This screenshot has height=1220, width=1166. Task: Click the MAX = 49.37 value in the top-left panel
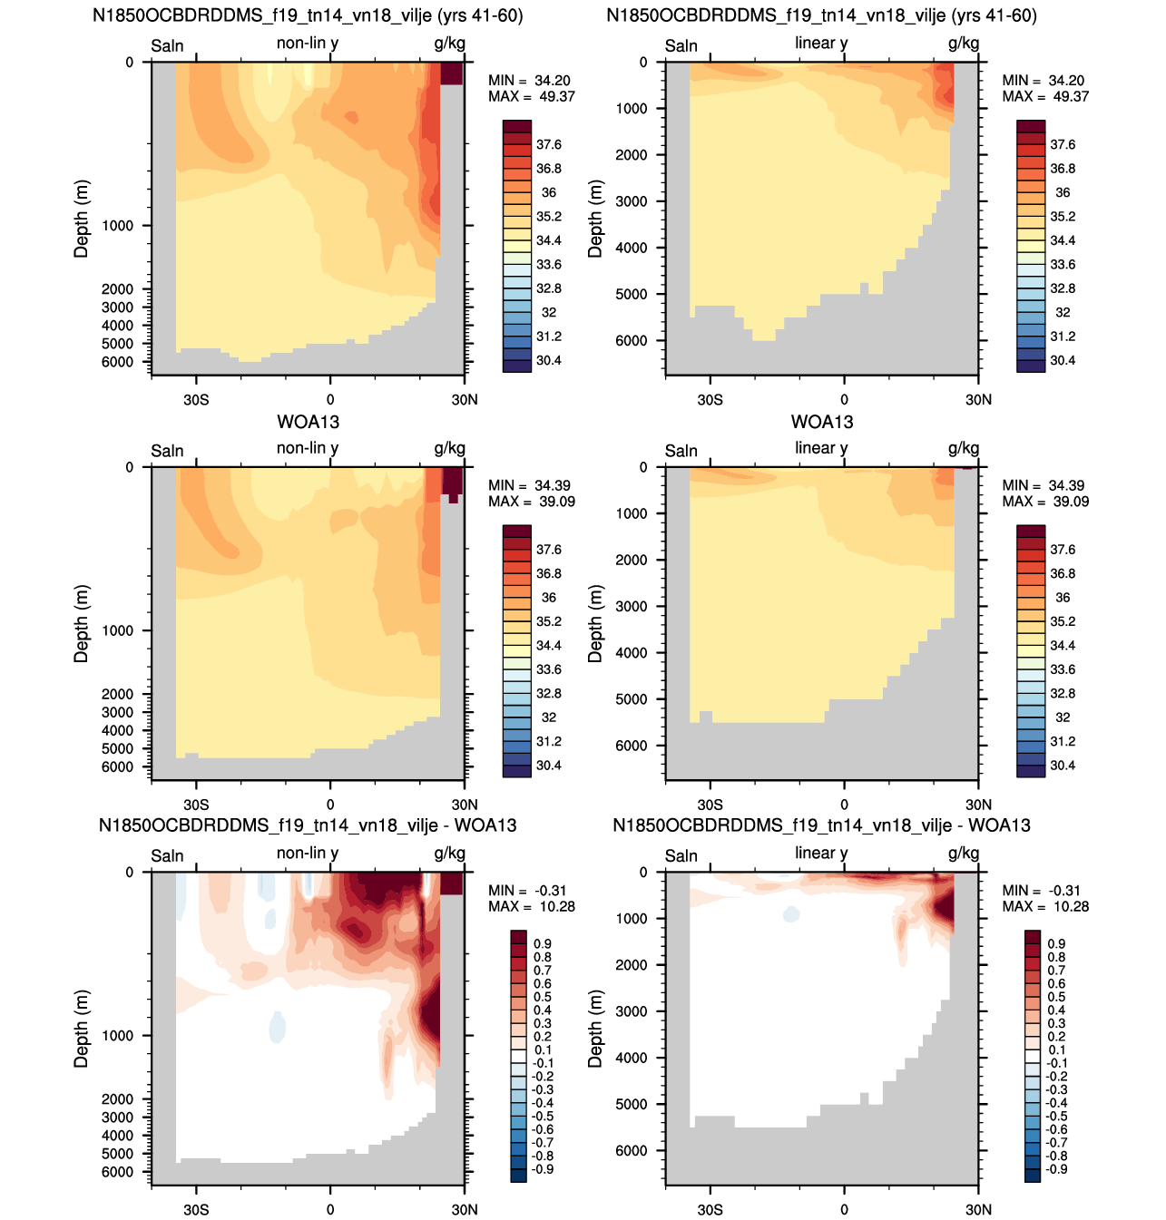pos(531,96)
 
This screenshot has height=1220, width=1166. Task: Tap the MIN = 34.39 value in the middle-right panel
pos(1045,485)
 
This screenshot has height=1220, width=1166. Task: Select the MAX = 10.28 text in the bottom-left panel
pos(531,906)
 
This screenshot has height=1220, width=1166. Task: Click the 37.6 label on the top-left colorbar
pos(548,145)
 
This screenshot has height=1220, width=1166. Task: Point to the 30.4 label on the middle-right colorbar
pos(1063,766)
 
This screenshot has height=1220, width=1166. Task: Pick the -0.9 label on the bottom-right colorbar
pos(1056,1169)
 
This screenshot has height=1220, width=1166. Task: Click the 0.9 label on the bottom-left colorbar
pos(543,943)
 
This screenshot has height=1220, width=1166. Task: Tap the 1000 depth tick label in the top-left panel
pos(117,226)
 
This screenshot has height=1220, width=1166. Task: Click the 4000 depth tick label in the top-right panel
pos(631,249)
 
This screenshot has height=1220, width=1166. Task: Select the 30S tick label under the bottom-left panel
pos(196,1209)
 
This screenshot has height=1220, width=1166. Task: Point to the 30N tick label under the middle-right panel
pos(978,805)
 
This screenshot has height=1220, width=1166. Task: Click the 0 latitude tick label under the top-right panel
pos(844,399)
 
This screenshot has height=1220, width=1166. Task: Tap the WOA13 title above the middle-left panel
pos(308,422)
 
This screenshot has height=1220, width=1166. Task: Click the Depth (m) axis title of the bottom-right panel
pos(594,1029)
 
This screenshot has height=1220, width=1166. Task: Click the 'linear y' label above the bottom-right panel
pos(821,854)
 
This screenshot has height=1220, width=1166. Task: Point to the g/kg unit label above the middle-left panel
pos(450,449)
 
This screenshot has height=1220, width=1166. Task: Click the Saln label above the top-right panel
pos(681,45)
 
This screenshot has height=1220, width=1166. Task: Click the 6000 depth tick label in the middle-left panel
pos(117,766)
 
